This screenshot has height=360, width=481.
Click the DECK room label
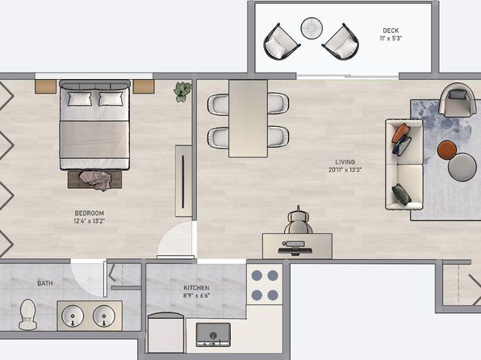tap(391, 31)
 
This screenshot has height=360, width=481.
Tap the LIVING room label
tap(345, 162)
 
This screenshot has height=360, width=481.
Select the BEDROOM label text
tap(90, 213)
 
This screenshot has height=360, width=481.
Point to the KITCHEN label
tap(196, 288)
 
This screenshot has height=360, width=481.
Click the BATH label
tap(45, 283)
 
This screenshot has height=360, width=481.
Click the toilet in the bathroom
tap(27, 314)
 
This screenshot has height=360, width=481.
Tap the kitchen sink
tap(213, 334)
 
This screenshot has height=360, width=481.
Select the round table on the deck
tap(312, 28)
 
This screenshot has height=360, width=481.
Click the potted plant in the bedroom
tap(182, 92)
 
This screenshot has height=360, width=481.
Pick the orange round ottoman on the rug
tap(447, 150)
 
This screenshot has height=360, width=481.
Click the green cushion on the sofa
tap(402, 194)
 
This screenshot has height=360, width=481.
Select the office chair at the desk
tap(298, 220)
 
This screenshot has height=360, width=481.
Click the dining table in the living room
tap(248, 119)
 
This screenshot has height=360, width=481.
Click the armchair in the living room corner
tap(457, 100)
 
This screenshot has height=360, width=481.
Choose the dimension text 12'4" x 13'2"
tap(90, 221)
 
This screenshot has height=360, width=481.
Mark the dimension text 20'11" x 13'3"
tap(345, 170)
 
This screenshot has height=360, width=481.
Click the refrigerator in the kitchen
tap(166, 333)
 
